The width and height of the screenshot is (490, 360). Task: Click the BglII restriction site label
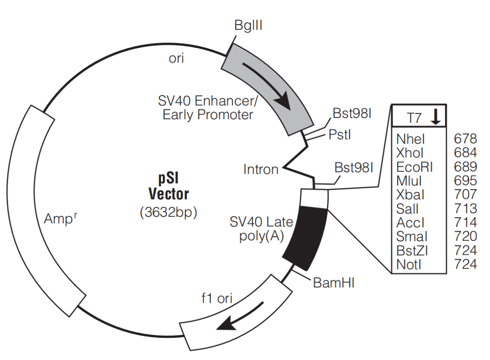click(248, 25)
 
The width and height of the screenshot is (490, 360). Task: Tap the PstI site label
click(340, 135)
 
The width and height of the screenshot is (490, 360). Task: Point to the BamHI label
click(333, 283)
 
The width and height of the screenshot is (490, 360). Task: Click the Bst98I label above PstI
click(352, 113)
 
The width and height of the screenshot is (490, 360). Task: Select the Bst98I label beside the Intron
click(354, 168)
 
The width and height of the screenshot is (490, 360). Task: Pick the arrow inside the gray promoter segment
click(268, 85)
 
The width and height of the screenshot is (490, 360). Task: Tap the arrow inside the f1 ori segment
click(240, 316)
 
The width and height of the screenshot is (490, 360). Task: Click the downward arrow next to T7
click(436, 117)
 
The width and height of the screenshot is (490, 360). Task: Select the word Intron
click(260, 170)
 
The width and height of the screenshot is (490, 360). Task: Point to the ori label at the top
click(176, 58)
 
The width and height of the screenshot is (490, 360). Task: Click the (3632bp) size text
click(168, 212)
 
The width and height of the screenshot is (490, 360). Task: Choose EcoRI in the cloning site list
click(414, 167)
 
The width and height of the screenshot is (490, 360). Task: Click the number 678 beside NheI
click(465, 139)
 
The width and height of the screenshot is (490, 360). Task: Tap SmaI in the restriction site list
click(412, 236)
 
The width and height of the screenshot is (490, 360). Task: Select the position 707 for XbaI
click(465, 194)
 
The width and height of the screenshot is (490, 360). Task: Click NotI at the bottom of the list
click(409, 264)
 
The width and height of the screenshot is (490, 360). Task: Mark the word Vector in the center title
click(169, 194)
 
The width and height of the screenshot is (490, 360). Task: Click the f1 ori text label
click(217, 298)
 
